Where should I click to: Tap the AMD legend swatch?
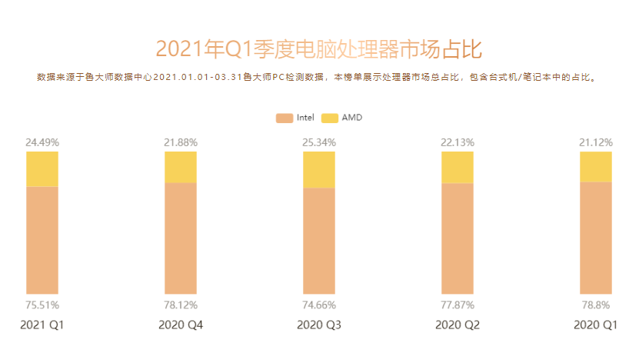329,118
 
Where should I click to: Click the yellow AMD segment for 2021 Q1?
42,169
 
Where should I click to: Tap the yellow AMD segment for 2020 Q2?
457,167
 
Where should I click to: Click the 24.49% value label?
42,142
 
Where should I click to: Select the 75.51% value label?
42,305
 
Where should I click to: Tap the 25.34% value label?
318,142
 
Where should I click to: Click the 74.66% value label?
318,305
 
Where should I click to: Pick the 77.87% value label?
457,305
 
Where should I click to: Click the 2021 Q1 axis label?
42,325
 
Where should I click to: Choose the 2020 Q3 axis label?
318,325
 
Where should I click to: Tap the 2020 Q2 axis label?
457,325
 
